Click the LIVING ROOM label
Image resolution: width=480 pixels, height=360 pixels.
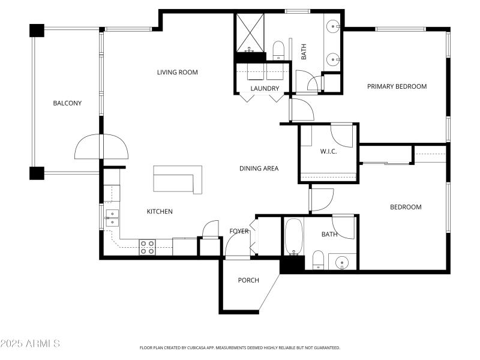[x=177, y=73]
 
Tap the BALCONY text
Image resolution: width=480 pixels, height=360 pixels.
[x=67, y=103]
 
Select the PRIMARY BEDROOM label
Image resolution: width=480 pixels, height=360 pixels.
[x=397, y=86]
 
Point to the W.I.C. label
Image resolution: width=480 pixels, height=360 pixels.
[x=328, y=151]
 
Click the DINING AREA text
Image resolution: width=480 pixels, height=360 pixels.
[x=259, y=169]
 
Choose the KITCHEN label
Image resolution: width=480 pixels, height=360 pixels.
[x=160, y=211]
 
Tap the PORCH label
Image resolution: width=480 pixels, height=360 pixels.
[x=248, y=280]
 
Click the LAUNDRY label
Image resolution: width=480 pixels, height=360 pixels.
[x=265, y=89]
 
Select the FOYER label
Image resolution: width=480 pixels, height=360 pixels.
[x=239, y=231]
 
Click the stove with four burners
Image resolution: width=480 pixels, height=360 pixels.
[x=148, y=247]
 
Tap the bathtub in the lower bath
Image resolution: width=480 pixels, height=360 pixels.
[x=293, y=238]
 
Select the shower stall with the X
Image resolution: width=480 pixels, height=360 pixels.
[x=248, y=32]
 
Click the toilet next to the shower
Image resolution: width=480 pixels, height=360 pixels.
[x=278, y=50]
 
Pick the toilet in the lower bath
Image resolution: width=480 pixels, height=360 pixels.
[x=318, y=261]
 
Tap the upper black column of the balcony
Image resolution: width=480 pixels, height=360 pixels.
[x=37, y=30]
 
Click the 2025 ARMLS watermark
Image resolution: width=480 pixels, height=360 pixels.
[x=30, y=344]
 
